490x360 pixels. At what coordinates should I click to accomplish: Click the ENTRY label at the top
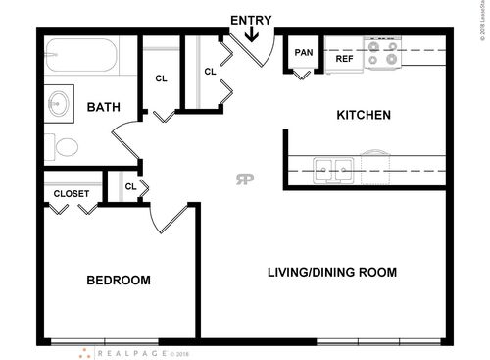point(252,20)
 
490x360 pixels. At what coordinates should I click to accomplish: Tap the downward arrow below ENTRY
point(252,36)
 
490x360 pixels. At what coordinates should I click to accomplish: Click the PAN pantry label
point(304,53)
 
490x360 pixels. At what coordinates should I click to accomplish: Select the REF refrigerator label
point(344,59)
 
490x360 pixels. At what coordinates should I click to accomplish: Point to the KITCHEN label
point(364,115)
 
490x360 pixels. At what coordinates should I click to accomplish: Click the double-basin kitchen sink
point(334,169)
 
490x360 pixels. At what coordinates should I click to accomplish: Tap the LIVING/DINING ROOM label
point(332,272)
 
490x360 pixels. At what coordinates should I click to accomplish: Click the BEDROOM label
point(119,281)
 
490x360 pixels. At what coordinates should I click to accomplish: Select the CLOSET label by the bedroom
point(72,194)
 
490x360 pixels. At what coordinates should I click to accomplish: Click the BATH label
point(104,107)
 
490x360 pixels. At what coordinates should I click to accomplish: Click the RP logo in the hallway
point(244,178)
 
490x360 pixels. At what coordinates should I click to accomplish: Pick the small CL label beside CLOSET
point(129,186)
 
